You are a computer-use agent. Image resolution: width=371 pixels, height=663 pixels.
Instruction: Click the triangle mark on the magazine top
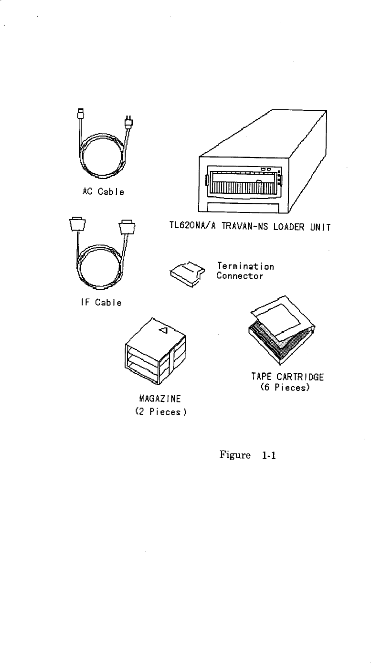pos(162,330)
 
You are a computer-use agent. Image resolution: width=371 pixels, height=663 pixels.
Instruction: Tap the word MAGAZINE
pos(154,398)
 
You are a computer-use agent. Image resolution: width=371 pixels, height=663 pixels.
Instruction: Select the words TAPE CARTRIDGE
pos(287,377)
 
